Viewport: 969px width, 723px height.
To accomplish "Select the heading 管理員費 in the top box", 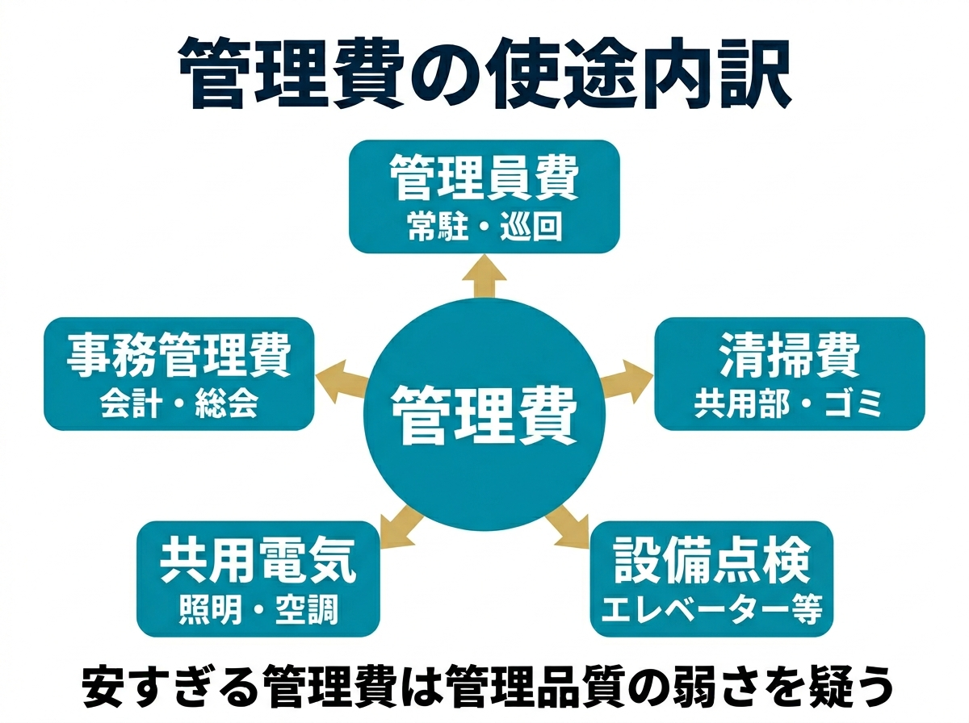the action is [484, 180].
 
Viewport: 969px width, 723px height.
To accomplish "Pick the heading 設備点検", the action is [711, 561].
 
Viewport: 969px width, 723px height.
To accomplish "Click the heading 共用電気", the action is [258, 561].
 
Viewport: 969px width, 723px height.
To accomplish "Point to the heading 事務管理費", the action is [178, 356].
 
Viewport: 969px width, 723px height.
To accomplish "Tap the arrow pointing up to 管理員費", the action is [484, 274].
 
